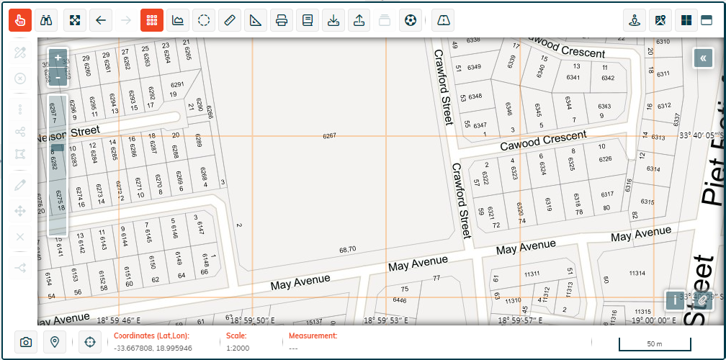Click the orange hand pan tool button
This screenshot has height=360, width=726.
point(20,20)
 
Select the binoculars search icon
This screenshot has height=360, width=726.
point(47,20)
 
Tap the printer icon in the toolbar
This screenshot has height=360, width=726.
point(282,20)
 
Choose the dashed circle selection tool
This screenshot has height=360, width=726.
point(204,20)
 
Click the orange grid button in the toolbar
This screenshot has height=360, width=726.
point(151,20)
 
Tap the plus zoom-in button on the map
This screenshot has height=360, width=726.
point(58,58)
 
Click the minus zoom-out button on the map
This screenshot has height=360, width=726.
point(58,77)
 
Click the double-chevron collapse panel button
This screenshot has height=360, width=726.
point(703,58)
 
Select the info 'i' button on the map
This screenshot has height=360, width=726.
point(675,300)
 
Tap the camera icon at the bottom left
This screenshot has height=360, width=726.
point(26,342)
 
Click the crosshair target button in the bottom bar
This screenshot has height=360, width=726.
point(90,342)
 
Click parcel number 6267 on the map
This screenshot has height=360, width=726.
point(330,135)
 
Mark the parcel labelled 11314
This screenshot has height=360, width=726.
point(636,273)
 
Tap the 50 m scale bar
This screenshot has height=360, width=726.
point(653,343)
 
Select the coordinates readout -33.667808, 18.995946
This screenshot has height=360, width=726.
point(153,348)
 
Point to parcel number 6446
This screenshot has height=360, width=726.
point(399,300)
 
